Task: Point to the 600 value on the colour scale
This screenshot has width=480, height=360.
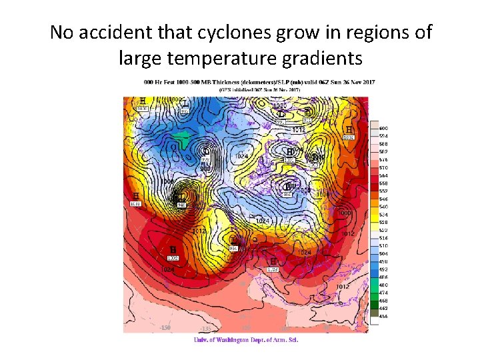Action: click(383, 128)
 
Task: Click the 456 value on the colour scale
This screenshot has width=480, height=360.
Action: click(383, 317)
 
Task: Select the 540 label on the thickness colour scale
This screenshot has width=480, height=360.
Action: click(383, 207)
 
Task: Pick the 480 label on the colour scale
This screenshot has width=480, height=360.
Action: click(383, 285)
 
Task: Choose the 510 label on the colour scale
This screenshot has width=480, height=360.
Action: click(383, 246)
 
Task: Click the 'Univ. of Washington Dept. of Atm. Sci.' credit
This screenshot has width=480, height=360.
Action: click(245, 340)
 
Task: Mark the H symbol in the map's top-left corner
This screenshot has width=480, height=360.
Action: click(142, 101)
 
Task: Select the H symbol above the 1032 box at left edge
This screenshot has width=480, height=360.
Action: click(135, 196)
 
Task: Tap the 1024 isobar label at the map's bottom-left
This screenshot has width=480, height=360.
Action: click(167, 269)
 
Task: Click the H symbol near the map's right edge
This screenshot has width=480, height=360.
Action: click(349, 129)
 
